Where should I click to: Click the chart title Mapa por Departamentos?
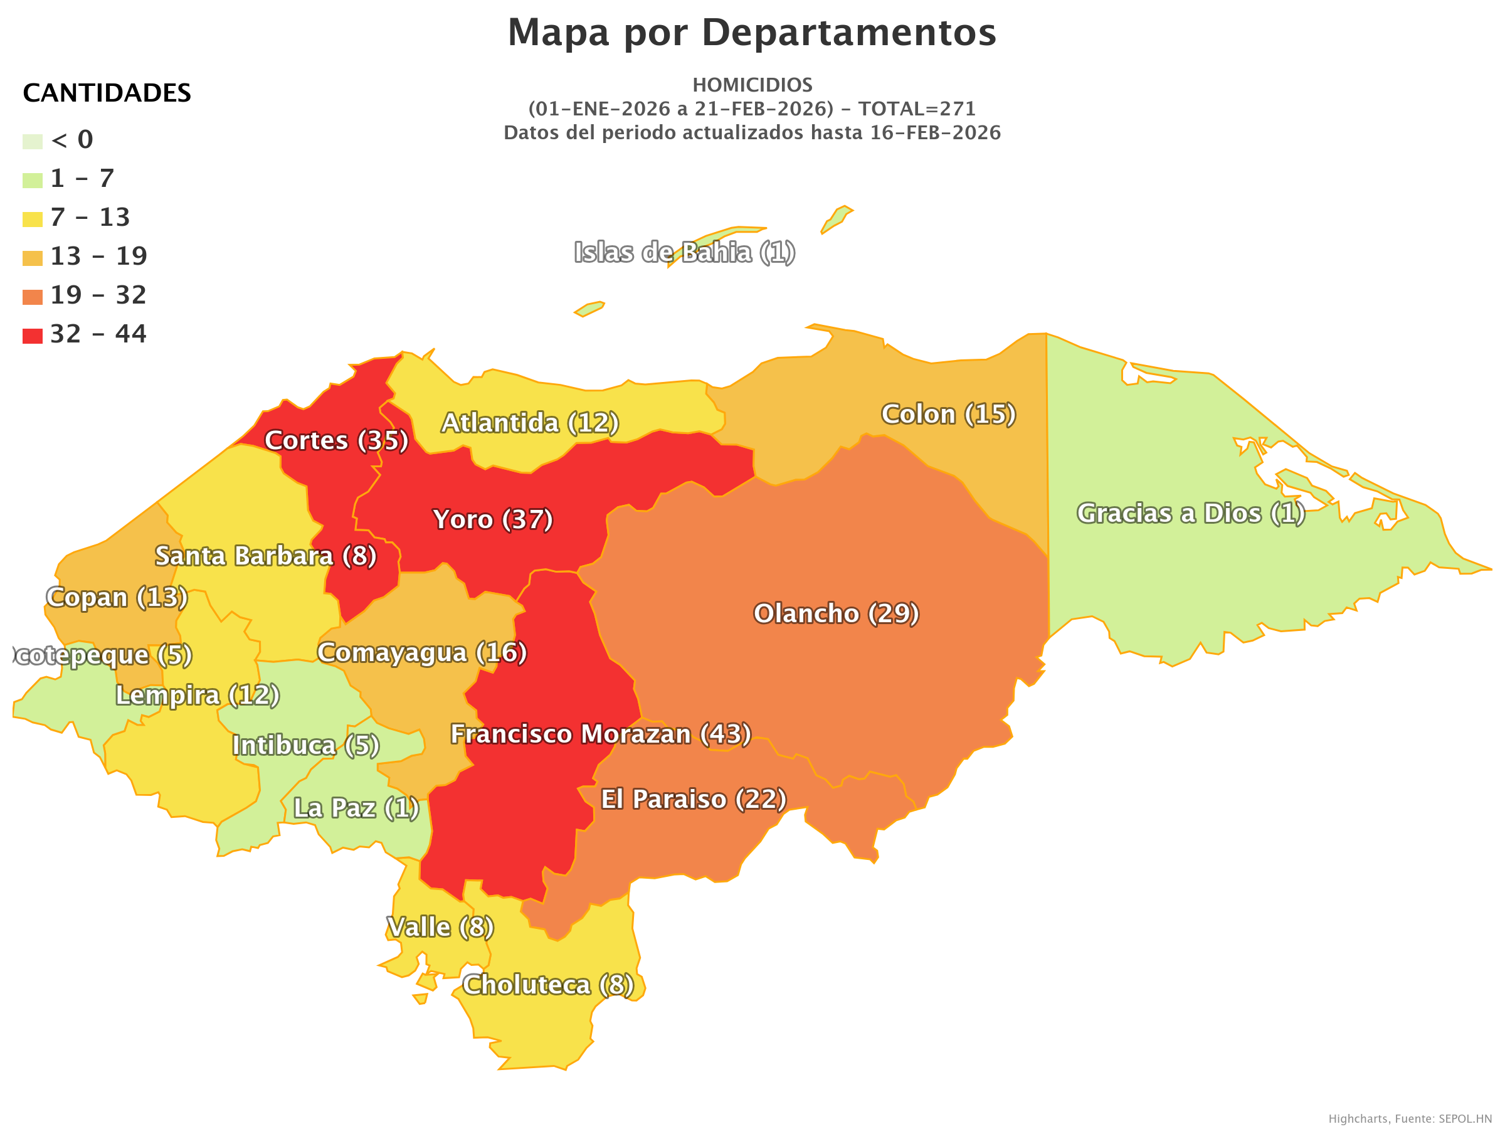point(752,33)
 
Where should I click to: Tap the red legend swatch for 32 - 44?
point(33,336)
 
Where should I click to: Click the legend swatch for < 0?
point(33,142)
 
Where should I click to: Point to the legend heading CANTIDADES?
point(107,93)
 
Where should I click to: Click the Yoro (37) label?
point(493,520)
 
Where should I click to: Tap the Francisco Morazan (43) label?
point(601,734)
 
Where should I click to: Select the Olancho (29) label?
point(836,614)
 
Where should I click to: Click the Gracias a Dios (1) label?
point(1191,514)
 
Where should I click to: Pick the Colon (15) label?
point(948,415)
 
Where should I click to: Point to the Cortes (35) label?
point(336,441)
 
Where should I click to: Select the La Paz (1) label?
point(356,808)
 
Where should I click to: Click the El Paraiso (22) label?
point(694,800)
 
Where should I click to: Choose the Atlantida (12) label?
point(530,423)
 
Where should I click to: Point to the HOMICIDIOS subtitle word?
point(752,85)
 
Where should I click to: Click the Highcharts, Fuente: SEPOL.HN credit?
point(1409,1119)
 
